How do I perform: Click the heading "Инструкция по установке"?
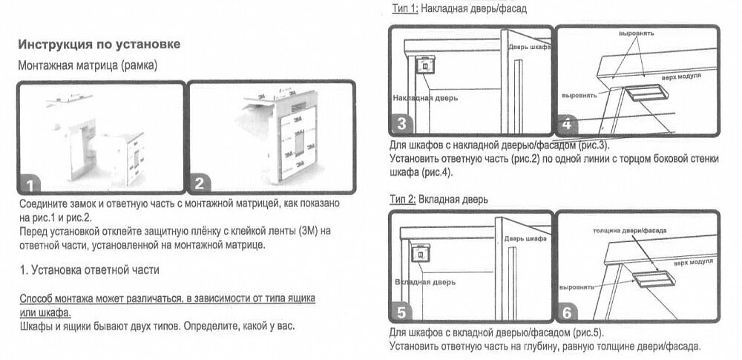pyautogui.click(x=99, y=45)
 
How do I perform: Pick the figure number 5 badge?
pyautogui.click(x=402, y=312)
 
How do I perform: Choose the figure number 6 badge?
pyautogui.click(x=568, y=312)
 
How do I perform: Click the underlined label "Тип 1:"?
pyautogui.click(x=405, y=9)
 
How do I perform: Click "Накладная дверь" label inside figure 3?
pyautogui.click(x=425, y=97)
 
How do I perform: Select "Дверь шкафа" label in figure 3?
pyautogui.click(x=529, y=47)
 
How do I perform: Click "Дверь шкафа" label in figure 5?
pyautogui.click(x=525, y=239)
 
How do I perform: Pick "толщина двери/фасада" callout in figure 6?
pyautogui.click(x=623, y=230)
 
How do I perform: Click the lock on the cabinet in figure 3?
pyautogui.click(x=425, y=66)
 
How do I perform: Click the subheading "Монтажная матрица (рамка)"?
pyautogui.click(x=87, y=65)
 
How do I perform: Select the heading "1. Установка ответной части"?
pyautogui.click(x=89, y=270)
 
